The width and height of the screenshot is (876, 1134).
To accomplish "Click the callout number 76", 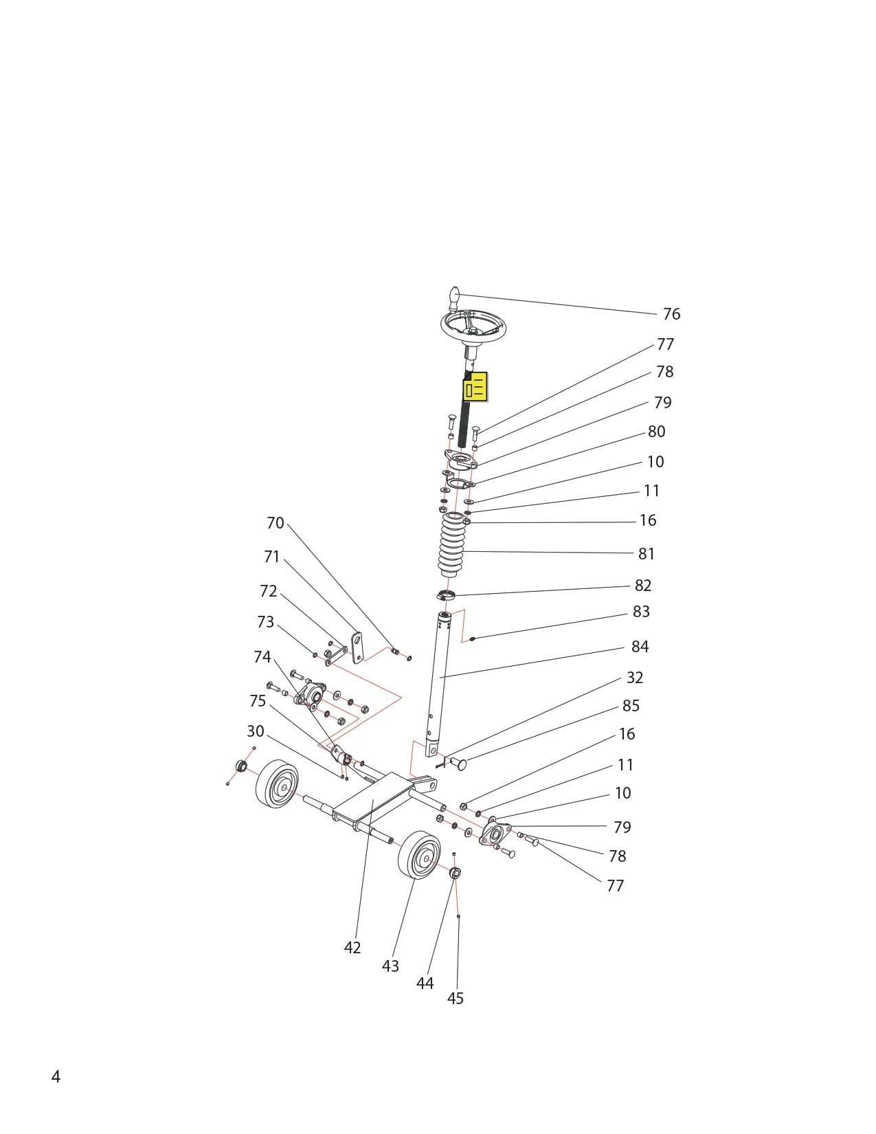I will click(671, 314).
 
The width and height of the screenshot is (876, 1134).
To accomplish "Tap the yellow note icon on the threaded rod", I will click(475, 387).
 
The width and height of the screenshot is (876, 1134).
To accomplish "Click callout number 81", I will click(646, 554).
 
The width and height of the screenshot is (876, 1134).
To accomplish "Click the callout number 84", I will click(640, 647).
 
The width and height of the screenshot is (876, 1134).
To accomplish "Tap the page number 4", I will click(56, 1077).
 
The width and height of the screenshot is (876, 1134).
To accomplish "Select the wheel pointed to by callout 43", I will click(419, 855).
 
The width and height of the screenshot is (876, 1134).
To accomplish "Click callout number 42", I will click(352, 948).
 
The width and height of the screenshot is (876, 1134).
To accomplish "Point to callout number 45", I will click(455, 999).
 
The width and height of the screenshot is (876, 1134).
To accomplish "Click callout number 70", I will click(275, 524).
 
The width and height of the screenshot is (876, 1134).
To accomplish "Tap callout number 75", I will click(258, 701).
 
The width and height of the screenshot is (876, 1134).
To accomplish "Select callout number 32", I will click(634, 678).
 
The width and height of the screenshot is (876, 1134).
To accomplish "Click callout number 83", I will click(640, 612).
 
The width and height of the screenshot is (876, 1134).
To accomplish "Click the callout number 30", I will click(255, 731).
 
